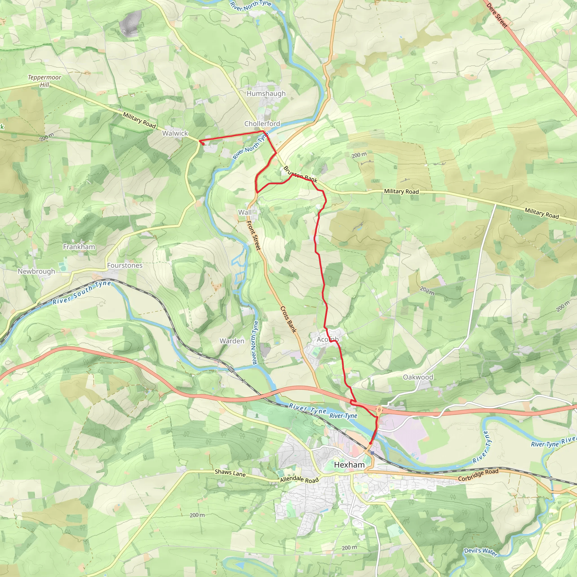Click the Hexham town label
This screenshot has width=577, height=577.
[x=349, y=465]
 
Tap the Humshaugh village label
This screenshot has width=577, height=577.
[x=266, y=94]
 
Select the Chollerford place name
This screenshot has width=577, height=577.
[x=262, y=124]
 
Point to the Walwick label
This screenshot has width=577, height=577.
[x=175, y=133]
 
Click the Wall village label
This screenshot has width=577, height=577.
[x=245, y=212]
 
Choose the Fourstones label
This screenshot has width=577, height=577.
[x=125, y=265]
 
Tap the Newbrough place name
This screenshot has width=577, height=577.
[x=36, y=272]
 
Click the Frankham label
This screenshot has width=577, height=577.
[x=79, y=247]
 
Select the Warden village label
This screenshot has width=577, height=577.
[x=232, y=341]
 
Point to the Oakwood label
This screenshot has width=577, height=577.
[x=418, y=377]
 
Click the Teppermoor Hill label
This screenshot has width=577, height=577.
[x=45, y=81]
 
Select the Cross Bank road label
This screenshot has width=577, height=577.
[x=288, y=319]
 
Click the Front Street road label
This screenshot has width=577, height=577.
[x=254, y=235]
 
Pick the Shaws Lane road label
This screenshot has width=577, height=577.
[x=230, y=473]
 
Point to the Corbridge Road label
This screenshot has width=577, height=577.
[x=478, y=475]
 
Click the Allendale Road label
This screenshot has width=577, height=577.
[x=299, y=480]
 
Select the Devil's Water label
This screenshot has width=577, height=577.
[x=481, y=552]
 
